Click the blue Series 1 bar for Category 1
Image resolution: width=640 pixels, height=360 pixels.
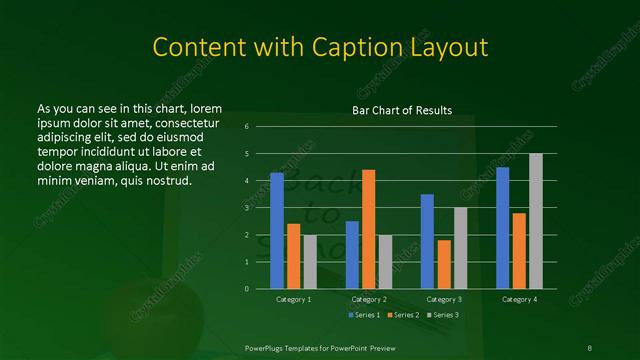[x=277, y=231]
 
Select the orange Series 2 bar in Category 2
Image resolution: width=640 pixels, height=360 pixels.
[x=368, y=229]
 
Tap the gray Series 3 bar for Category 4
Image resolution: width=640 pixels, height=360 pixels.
[x=535, y=221]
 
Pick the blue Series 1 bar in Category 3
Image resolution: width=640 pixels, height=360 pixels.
[x=427, y=241]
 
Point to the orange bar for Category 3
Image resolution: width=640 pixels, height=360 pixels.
[x=443, y=264]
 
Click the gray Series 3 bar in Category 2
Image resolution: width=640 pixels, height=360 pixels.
[x=384, y=261]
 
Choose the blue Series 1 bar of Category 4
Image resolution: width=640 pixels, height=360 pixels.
[x=502, y=227]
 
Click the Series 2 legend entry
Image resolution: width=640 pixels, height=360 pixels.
[x=404, y=315]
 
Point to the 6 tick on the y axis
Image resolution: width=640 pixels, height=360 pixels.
[x=246, y=127]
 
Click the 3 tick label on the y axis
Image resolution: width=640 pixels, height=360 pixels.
[x=246, y=208]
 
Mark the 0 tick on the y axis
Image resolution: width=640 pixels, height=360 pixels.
[x=246, y=289]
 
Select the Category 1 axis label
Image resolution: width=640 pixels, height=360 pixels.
[x=294, y=299]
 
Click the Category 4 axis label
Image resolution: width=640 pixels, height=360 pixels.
[x=519, y=299]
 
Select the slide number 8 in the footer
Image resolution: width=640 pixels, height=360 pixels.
[x=589, y=347]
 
